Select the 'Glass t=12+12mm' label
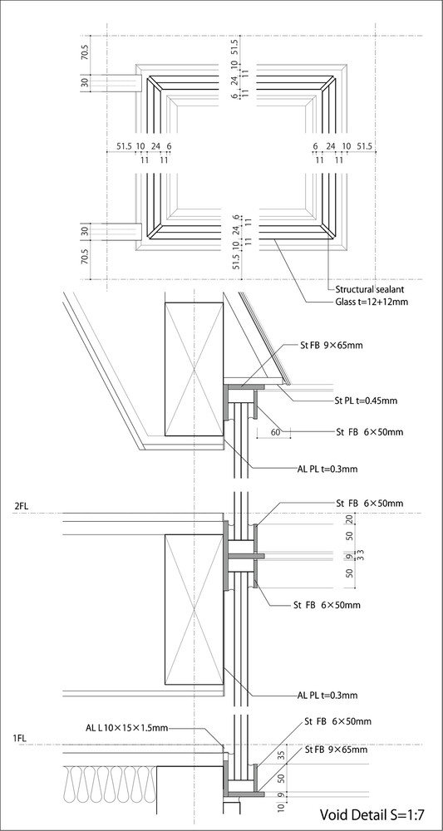(x=367, y=303)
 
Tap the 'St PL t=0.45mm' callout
(x=367, y=401)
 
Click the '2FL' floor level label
(x=21, y=506)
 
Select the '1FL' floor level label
(x=21, y=737)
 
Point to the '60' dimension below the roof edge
(x=275, y=432)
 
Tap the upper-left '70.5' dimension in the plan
(x=85, y=54)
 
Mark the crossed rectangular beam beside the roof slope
(x=194, y=369)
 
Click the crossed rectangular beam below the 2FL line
(x=194, y=610)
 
